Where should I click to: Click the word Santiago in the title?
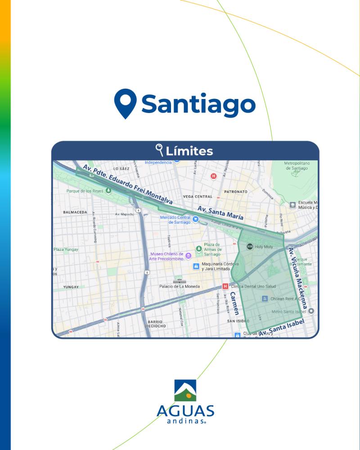(198, 104)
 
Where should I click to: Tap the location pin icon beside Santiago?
(125, 103)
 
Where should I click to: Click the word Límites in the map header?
(189, 151)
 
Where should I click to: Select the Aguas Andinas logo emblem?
(185, 391)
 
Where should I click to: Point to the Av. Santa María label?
(220, 213)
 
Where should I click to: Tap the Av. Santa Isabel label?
(282, 327)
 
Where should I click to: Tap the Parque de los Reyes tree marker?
(108, 191)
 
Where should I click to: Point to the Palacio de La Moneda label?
(180, 286)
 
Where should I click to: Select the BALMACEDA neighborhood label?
(75, 211)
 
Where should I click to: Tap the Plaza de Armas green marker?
(198, 248)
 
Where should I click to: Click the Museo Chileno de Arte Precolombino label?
(166, 256)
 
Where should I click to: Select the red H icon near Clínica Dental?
(225, 286)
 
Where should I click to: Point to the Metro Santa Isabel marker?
(311, 311)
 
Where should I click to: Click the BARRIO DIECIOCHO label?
(157, 324)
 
